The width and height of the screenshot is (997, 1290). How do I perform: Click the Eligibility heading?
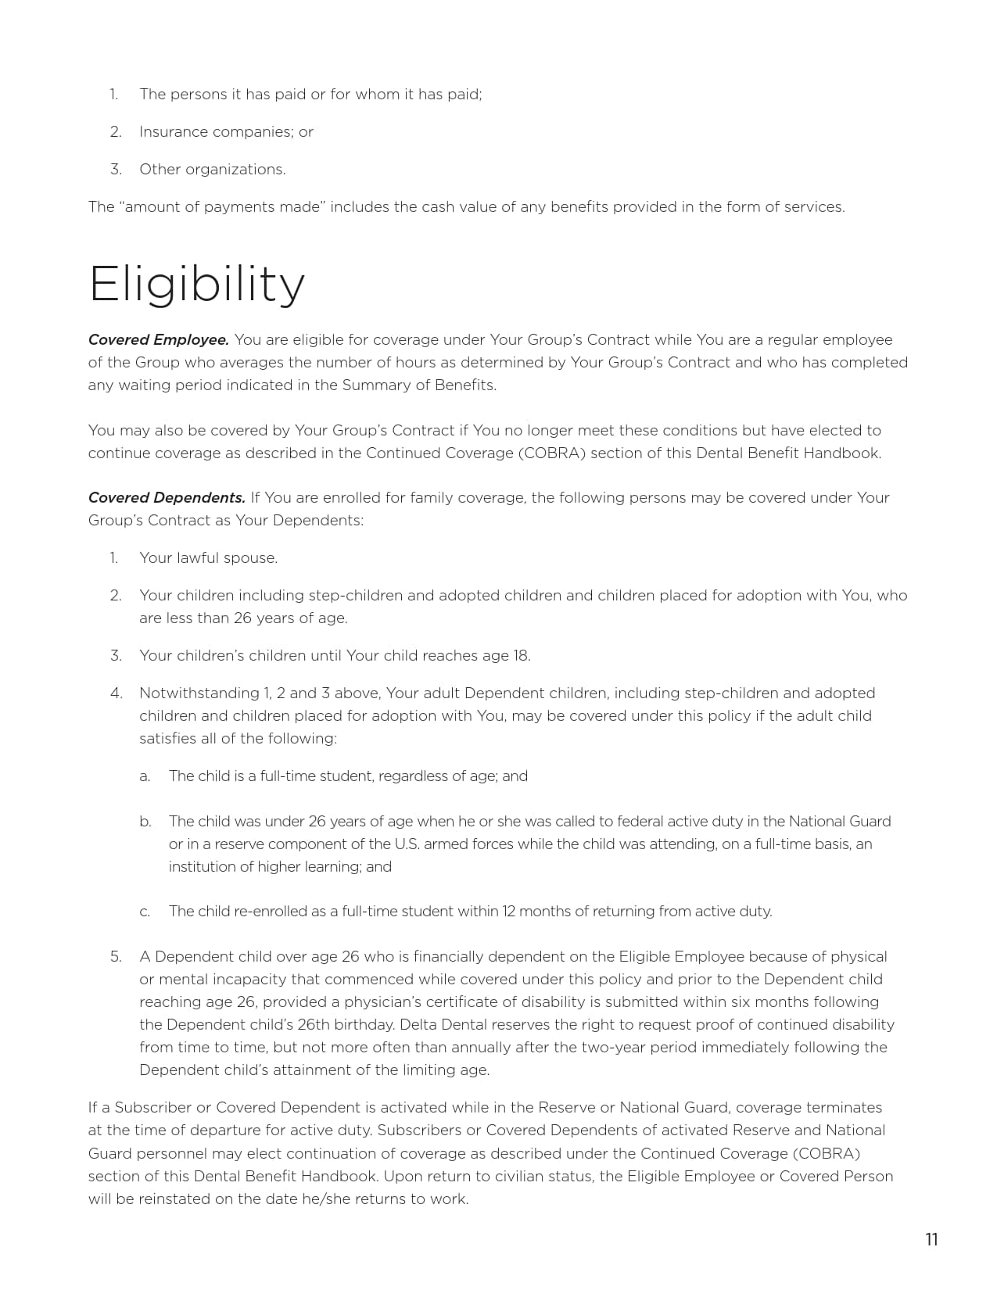[x=196, y=285]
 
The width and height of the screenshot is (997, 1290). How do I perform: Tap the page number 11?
[x=931, y=1240]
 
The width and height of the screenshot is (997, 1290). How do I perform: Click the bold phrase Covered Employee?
[x=158, y=340]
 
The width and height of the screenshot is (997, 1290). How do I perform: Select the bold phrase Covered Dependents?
[x=167, y=498]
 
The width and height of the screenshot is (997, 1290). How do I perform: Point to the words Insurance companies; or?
[x=226, y=132]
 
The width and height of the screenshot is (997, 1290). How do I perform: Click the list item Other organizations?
[x=212, y=170]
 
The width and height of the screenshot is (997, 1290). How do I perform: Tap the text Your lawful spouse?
[x=208, y=558]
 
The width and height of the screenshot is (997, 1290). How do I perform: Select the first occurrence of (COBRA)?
[x=551, y=453]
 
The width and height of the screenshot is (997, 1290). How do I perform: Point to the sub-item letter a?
[x=145, y=776]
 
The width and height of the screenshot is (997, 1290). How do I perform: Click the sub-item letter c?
[x=145, y=912]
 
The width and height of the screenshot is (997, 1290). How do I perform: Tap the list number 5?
[x=116, y=957]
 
